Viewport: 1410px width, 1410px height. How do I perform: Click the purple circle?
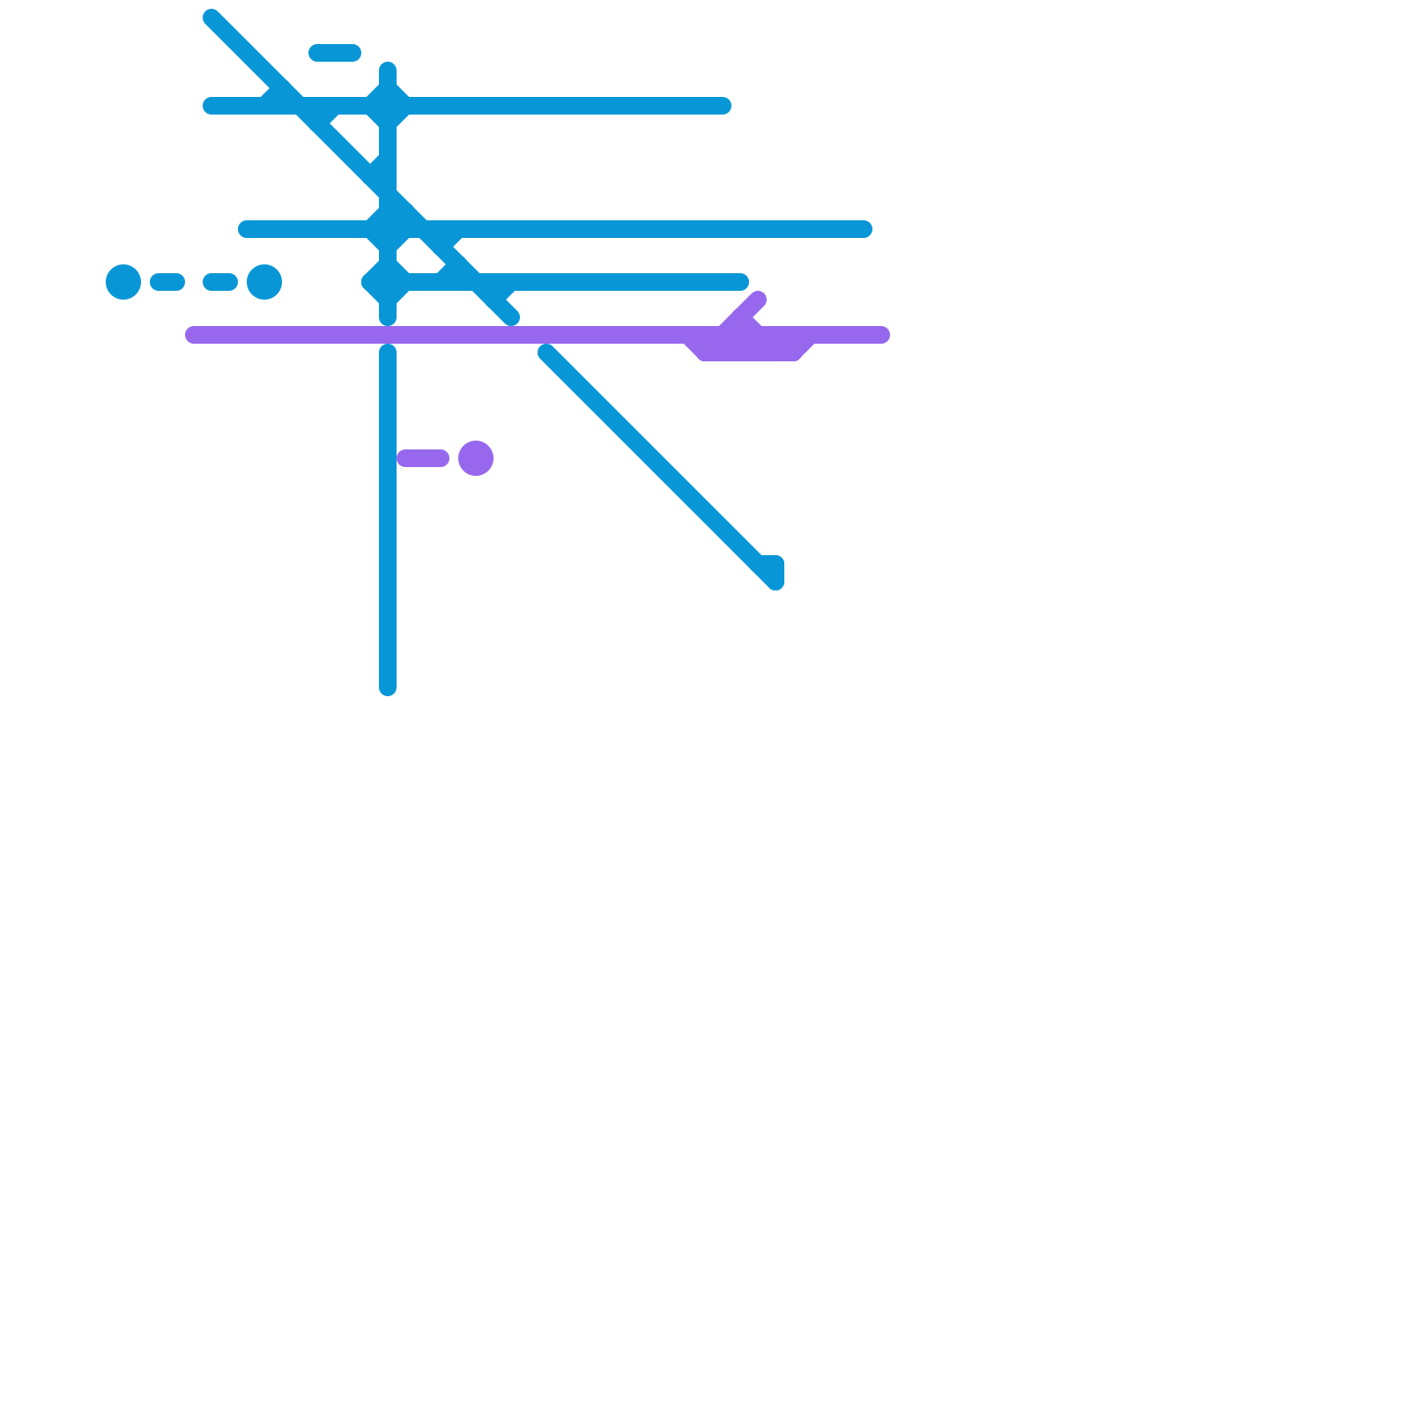click(476, 458)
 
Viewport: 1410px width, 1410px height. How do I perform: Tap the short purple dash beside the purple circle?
click(423, 458)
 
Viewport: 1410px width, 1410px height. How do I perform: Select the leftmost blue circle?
click(123, 282)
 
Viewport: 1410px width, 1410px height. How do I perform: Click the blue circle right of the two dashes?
click(264, 282)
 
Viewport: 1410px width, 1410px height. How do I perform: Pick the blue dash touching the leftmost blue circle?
click(167, 282)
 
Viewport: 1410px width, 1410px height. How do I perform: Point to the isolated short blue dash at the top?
click(335, 53)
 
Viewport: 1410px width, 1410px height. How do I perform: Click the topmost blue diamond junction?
click(388, 106)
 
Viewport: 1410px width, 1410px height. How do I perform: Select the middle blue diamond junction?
click(388, 229)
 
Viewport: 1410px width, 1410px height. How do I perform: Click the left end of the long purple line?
click(194, 335)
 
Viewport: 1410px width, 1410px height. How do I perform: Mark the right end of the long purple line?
click(881, 335)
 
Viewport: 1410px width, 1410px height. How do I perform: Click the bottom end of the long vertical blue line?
click(388, 687)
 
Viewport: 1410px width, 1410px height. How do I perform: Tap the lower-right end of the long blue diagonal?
click(774, 580)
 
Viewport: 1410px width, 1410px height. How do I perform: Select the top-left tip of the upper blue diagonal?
click(211, 18)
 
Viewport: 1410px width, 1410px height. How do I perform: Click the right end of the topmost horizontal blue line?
click(723, 106)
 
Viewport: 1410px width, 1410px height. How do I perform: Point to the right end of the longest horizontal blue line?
click(864, 229)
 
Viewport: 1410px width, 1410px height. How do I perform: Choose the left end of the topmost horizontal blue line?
click(211, 106)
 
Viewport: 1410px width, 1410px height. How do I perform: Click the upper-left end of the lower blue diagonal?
click(546, 352)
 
